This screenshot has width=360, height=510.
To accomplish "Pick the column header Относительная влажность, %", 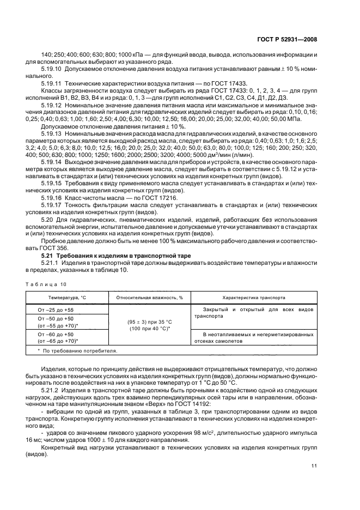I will tap(149, 297).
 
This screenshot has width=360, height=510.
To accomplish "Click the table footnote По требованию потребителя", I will tap(76, 351).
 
